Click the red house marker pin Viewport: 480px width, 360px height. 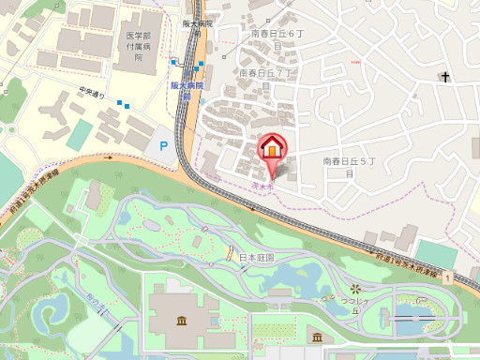[x=272, y=149]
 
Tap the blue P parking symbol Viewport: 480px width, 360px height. [x=164, y=145]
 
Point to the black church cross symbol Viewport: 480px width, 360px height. [x=445, y=77]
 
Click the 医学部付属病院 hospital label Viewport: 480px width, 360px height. [x=139, y=46]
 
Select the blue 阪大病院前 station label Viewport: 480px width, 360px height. [x=186, y=89]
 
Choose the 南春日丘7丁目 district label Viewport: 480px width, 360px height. [x=267, y=78]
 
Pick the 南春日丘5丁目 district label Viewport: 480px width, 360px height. [x=348, y=167]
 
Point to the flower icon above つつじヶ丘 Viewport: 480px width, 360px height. [x=355, y=287]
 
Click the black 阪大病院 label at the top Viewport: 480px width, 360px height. [x=198, y=23]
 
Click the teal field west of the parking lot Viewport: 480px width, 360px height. [x=80, y=134]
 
